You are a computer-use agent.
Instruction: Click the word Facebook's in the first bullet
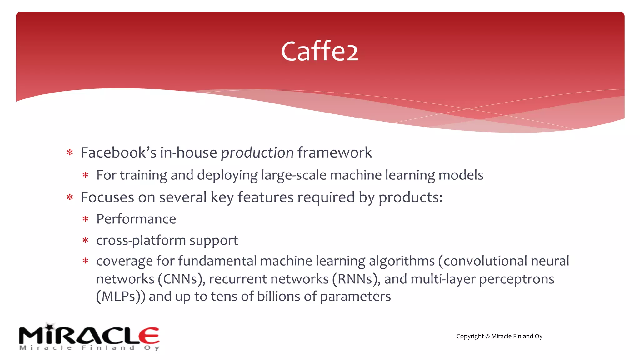coord(118,152)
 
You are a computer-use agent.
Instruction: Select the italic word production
coord(257,153)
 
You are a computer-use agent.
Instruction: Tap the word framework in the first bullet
coord(334,152)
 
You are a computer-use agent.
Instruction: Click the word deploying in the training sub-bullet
coord(227,175)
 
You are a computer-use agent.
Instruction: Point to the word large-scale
coord(293,175)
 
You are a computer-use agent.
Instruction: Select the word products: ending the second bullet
coord(410,198)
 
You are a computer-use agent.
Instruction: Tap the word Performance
coord(136,219)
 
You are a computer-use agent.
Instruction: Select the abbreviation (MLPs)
coord(121,297)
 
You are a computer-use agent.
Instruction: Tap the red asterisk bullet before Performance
coord(85,219)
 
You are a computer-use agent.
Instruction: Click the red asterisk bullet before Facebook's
coord(70,153)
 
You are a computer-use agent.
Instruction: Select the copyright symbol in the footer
coord(487,337)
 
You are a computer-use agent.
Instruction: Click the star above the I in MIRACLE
coord(49,327)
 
